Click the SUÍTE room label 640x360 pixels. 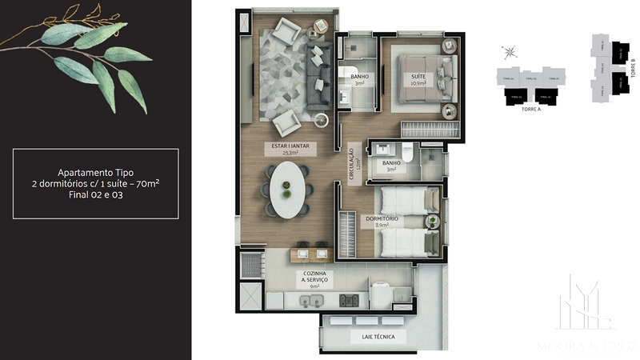(x=418, y=77)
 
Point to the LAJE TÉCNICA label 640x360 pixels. (x=373, y=337)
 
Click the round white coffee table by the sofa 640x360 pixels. (x=322, y=122)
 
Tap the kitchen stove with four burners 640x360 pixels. (x=350, y=302)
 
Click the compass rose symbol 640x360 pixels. (x=509, y=53)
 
